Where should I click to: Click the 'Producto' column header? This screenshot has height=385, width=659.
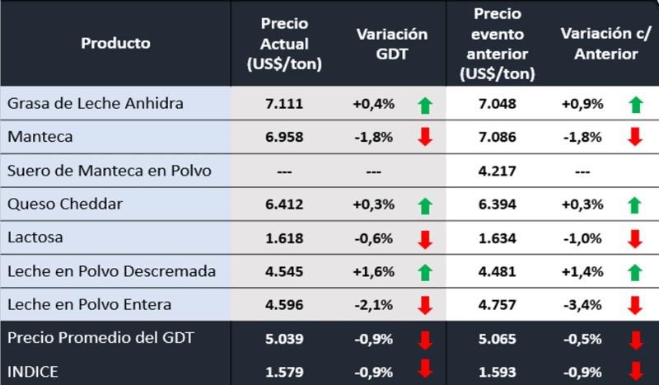115,43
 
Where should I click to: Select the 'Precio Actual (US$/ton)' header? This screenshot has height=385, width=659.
284,43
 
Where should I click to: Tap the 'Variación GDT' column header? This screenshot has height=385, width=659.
391,43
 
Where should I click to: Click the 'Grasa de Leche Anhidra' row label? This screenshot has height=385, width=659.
95,104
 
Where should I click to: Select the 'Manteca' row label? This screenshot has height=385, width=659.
40,137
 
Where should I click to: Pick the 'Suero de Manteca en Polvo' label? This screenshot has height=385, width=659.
109,171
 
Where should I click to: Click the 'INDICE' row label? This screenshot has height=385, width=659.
33,372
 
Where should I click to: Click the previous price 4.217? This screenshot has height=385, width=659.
498,171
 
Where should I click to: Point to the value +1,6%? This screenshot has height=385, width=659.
373,271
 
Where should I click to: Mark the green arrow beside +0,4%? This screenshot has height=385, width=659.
425,105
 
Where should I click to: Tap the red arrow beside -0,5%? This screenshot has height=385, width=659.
634,340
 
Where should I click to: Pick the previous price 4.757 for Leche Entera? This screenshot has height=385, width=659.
498,305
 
